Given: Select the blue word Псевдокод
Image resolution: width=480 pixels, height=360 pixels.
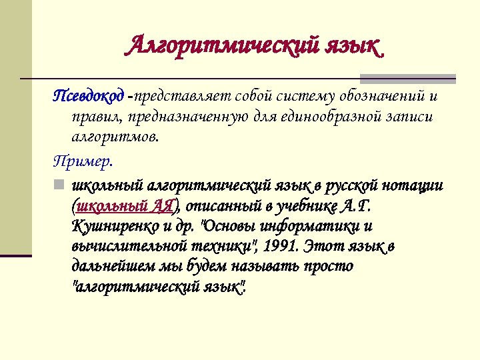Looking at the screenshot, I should pyautogui.click(x=88, y=97).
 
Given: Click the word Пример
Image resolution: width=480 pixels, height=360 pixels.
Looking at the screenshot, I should pyautogui.click(x=83, y=161).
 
